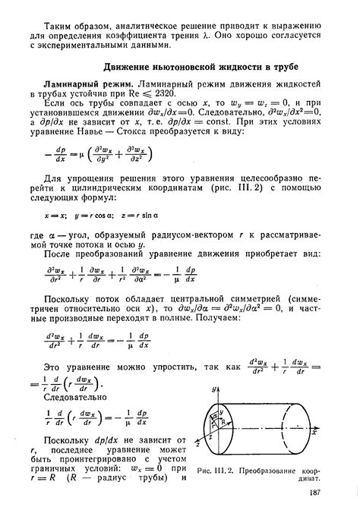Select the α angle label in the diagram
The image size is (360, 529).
coord(219,417)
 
